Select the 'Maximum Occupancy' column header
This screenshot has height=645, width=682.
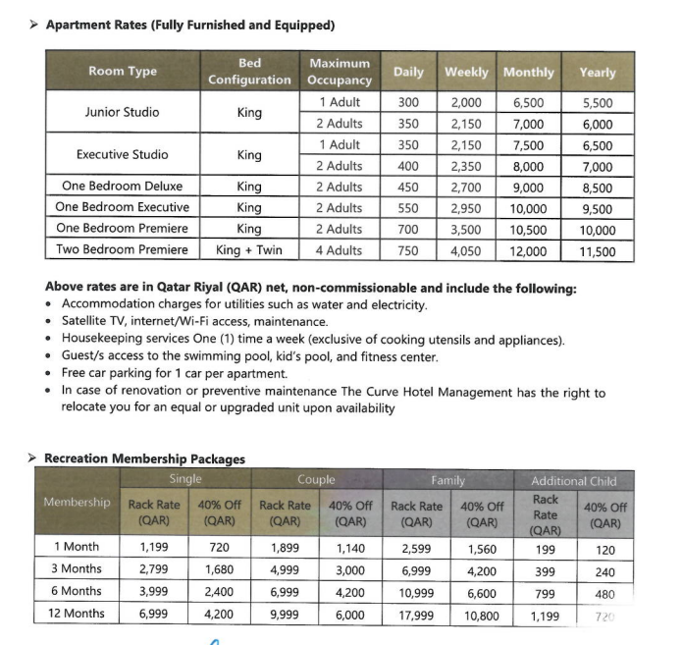click(339, 72)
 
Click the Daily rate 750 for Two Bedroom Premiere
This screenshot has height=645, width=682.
click(407, 250)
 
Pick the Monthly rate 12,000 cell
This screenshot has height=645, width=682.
click(528, 251)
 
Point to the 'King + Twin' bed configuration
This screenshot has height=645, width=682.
click(249, 250)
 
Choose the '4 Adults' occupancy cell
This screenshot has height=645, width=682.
click(339, 250)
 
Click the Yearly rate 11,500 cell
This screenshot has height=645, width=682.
click(597, 251)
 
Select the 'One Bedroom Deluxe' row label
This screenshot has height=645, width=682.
click(122, 187)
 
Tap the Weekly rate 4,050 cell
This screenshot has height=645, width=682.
click(466, 251)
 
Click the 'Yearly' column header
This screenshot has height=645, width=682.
click(597, 73)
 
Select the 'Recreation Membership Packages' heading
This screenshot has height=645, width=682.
click(145, 458)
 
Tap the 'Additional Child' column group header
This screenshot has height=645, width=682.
click(573, 481)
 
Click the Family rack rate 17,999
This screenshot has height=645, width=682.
click(417, 615)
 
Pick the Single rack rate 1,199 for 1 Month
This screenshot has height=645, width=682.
click(154, 548)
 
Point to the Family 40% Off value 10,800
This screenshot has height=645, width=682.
click(483, 615)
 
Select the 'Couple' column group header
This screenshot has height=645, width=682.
click(316, 480)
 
